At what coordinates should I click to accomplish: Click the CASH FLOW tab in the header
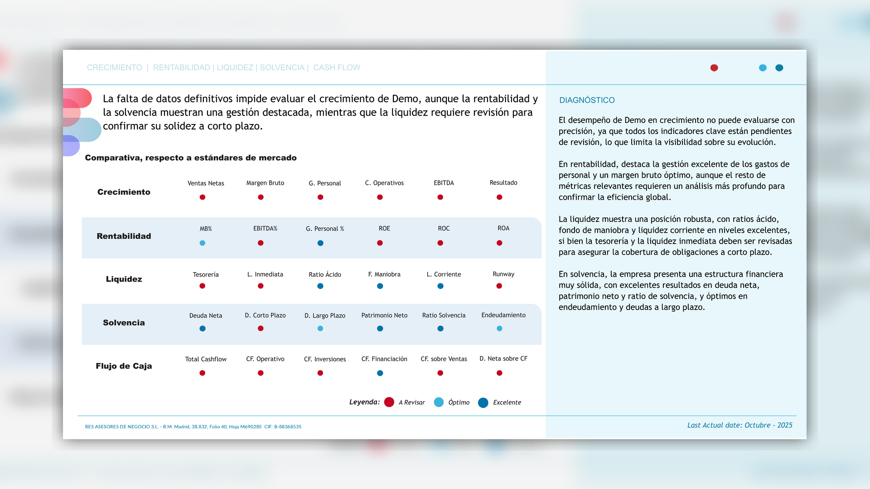tap(336, 67)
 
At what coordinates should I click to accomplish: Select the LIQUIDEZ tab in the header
tap(235, 67)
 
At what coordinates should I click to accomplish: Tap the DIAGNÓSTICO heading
tap(587, 100)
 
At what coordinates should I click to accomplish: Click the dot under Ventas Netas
tap(203, 197)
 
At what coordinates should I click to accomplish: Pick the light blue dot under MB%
tap(203, 243)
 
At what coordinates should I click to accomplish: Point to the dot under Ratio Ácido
tap(320, 286)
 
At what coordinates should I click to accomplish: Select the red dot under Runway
tap(499, 286)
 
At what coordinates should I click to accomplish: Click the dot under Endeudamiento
tap(499, 329)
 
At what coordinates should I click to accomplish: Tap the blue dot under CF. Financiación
tap(380, 373)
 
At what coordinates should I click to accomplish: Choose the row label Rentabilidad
tap(124, 236)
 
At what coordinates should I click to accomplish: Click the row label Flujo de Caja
tap(124, 366)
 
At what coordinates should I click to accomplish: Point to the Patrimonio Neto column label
tap(384, 315)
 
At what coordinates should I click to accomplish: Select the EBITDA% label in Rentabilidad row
tap(265, 228)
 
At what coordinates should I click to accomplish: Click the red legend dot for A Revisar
tap(389, 402)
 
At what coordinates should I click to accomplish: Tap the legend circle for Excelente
tap(483, 403)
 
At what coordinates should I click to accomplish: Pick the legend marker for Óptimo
tap(439, 402)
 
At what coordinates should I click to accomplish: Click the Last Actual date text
tap(739, 425)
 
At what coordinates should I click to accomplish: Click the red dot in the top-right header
tap(714, 68)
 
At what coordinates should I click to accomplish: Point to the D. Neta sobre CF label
tap(503, 359)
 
